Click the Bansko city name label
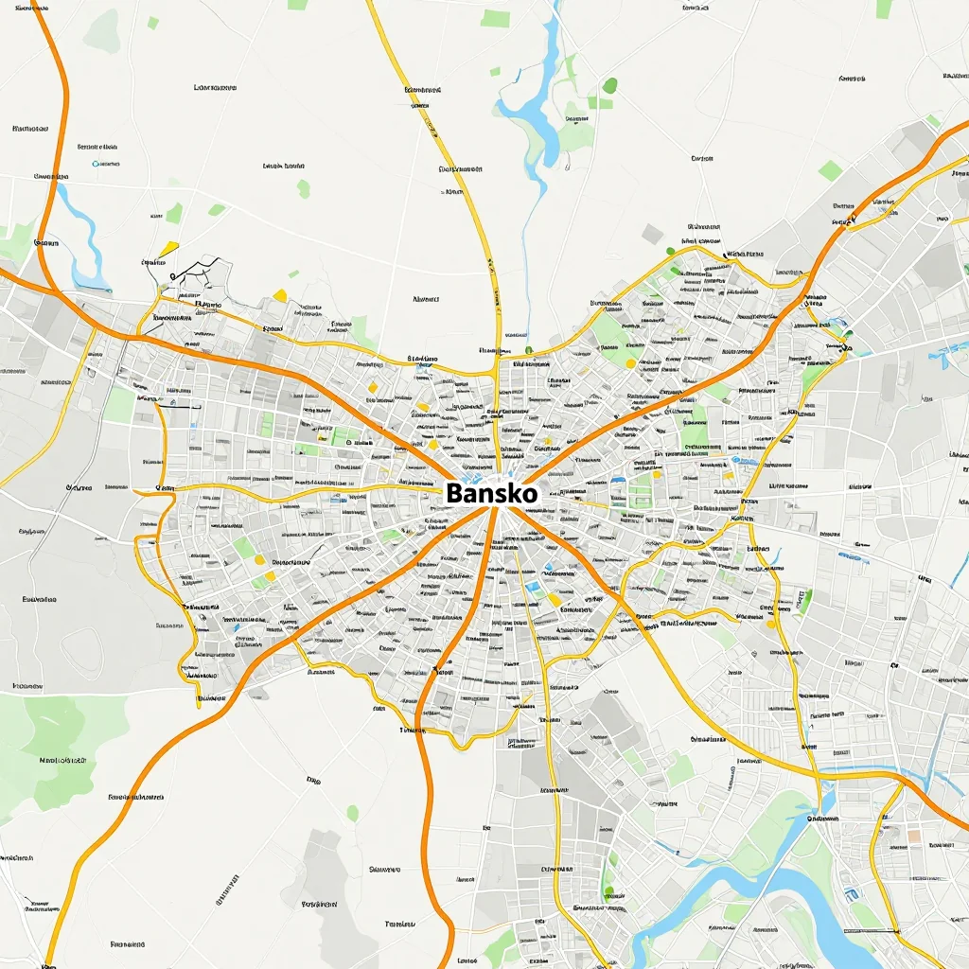[490, 493]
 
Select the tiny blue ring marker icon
[97, 164]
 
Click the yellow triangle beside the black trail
[168, 249]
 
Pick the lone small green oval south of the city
[353, 813]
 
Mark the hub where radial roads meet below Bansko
[495, 512]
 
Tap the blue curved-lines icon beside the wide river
[851, 893]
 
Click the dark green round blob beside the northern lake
[610, 86]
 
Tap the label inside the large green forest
[62, 759]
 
